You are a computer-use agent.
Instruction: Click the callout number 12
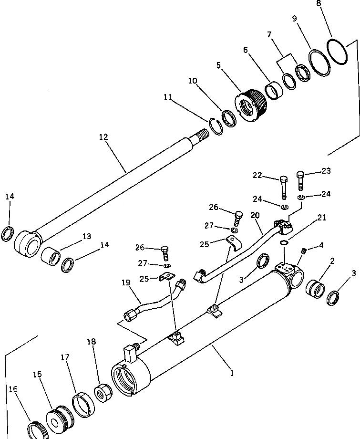(x=103, y=137)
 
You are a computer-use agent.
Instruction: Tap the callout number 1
(x=232, y=374)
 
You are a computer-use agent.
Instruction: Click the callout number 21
(x=322, y=218)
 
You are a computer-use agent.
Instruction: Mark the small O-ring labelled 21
(x=285, y=243)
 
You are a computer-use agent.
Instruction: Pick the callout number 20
(x=255, y=216)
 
